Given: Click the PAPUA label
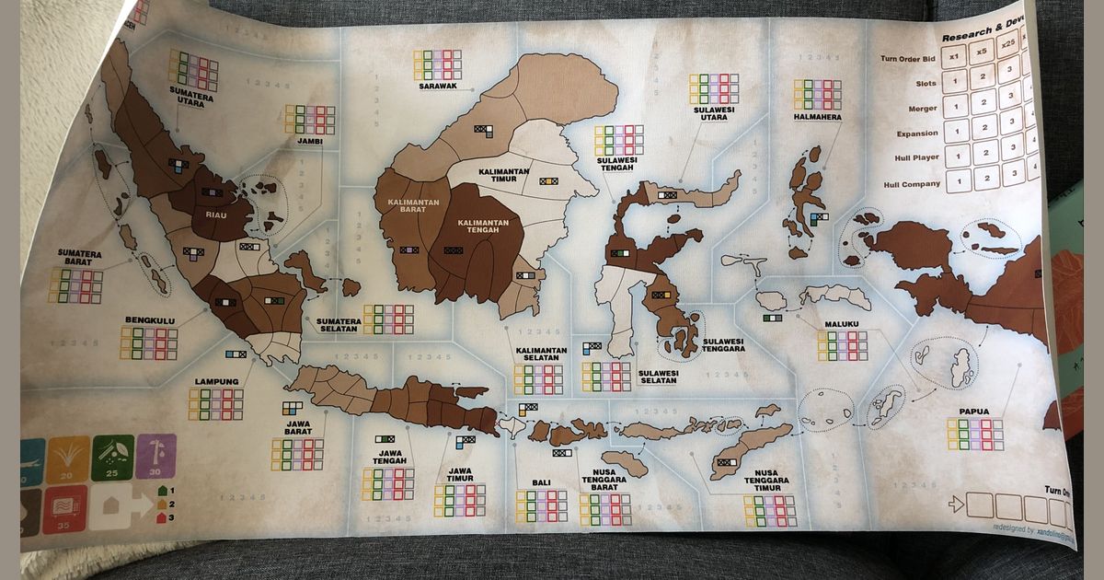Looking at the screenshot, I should [x=973, y=413].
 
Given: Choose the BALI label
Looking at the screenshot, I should [x=541, y=482].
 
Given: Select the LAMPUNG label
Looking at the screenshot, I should [x=216, y=381].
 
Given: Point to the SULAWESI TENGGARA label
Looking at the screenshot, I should [x=723, y=344].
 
